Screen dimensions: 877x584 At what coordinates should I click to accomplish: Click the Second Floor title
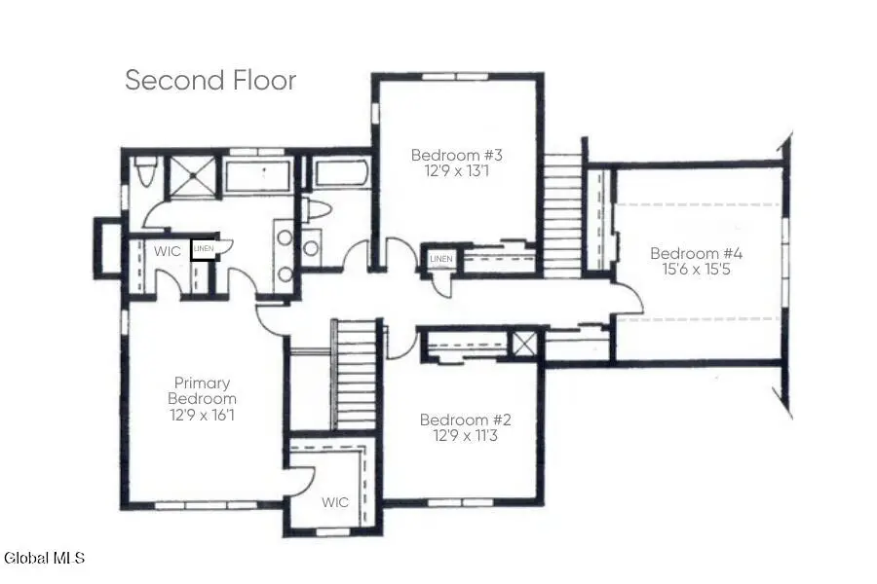point(210,81)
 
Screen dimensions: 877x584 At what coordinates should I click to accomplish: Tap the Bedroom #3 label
point(456,155)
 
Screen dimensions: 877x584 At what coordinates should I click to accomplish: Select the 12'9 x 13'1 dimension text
point(456,170)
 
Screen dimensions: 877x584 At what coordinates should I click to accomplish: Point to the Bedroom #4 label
point(697,253)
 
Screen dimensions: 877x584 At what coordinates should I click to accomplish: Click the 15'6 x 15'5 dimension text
point(697,270)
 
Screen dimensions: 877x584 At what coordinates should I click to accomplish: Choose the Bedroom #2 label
point(466,420)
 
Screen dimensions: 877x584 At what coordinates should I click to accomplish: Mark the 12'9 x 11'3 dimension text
point(466,435)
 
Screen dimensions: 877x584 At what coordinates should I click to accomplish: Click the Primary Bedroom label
point(202,390)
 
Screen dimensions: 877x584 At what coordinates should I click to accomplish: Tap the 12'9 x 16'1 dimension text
point(202,416)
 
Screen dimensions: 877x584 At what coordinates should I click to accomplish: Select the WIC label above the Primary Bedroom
point(168,251)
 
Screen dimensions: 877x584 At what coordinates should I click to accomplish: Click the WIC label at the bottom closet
point(335,502)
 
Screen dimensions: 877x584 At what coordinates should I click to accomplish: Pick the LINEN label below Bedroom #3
point(441,259)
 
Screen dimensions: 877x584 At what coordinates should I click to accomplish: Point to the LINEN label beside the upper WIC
point(204,249)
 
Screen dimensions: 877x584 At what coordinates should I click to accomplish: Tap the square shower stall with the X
point(192,176)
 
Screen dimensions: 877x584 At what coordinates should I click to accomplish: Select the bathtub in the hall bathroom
point(341,174)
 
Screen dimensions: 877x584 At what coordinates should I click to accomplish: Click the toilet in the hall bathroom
point(317,210)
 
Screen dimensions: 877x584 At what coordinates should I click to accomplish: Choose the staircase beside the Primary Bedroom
point(355,375)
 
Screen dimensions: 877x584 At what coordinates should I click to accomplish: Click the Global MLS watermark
point(44,557)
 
